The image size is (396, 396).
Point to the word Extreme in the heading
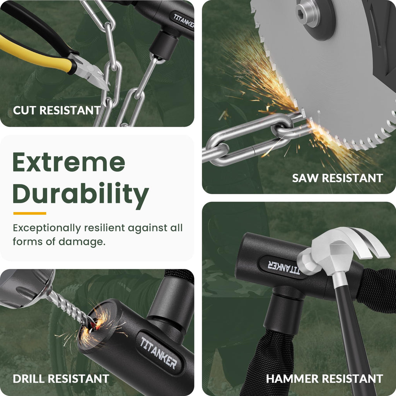69,162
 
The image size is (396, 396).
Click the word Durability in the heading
80,193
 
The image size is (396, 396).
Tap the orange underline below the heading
30,213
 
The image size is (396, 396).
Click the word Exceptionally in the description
47,228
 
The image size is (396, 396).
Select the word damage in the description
82,242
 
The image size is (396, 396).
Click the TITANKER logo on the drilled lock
159,352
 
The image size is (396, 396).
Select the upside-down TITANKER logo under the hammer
283,267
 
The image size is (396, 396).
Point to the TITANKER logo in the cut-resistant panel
184,21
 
